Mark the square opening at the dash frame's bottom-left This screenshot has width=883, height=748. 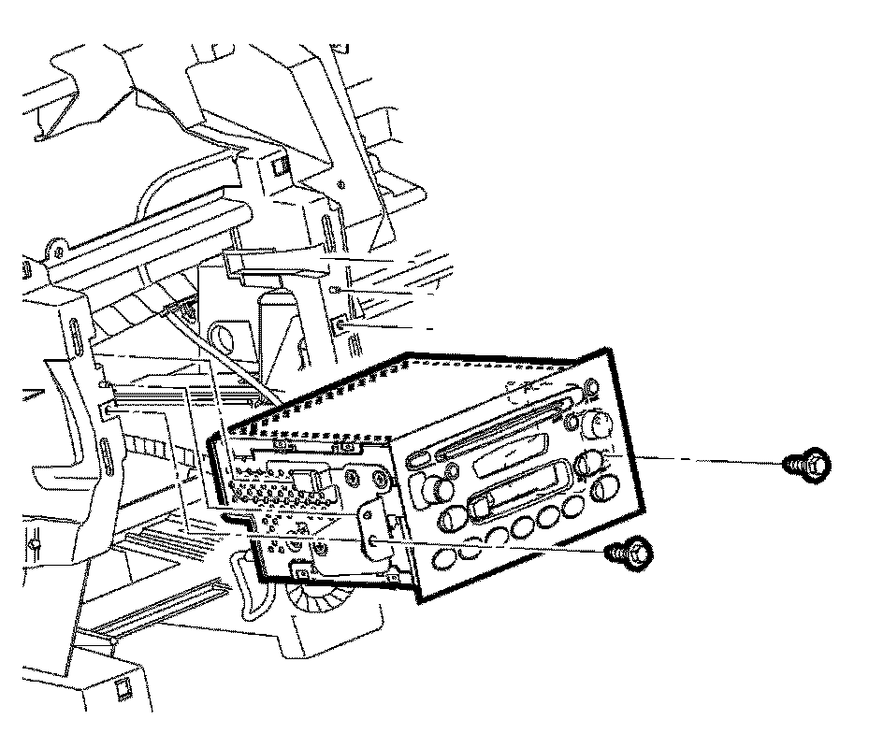[x=119, y=690]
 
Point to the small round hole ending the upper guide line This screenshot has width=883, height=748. [x=335, y=291]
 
